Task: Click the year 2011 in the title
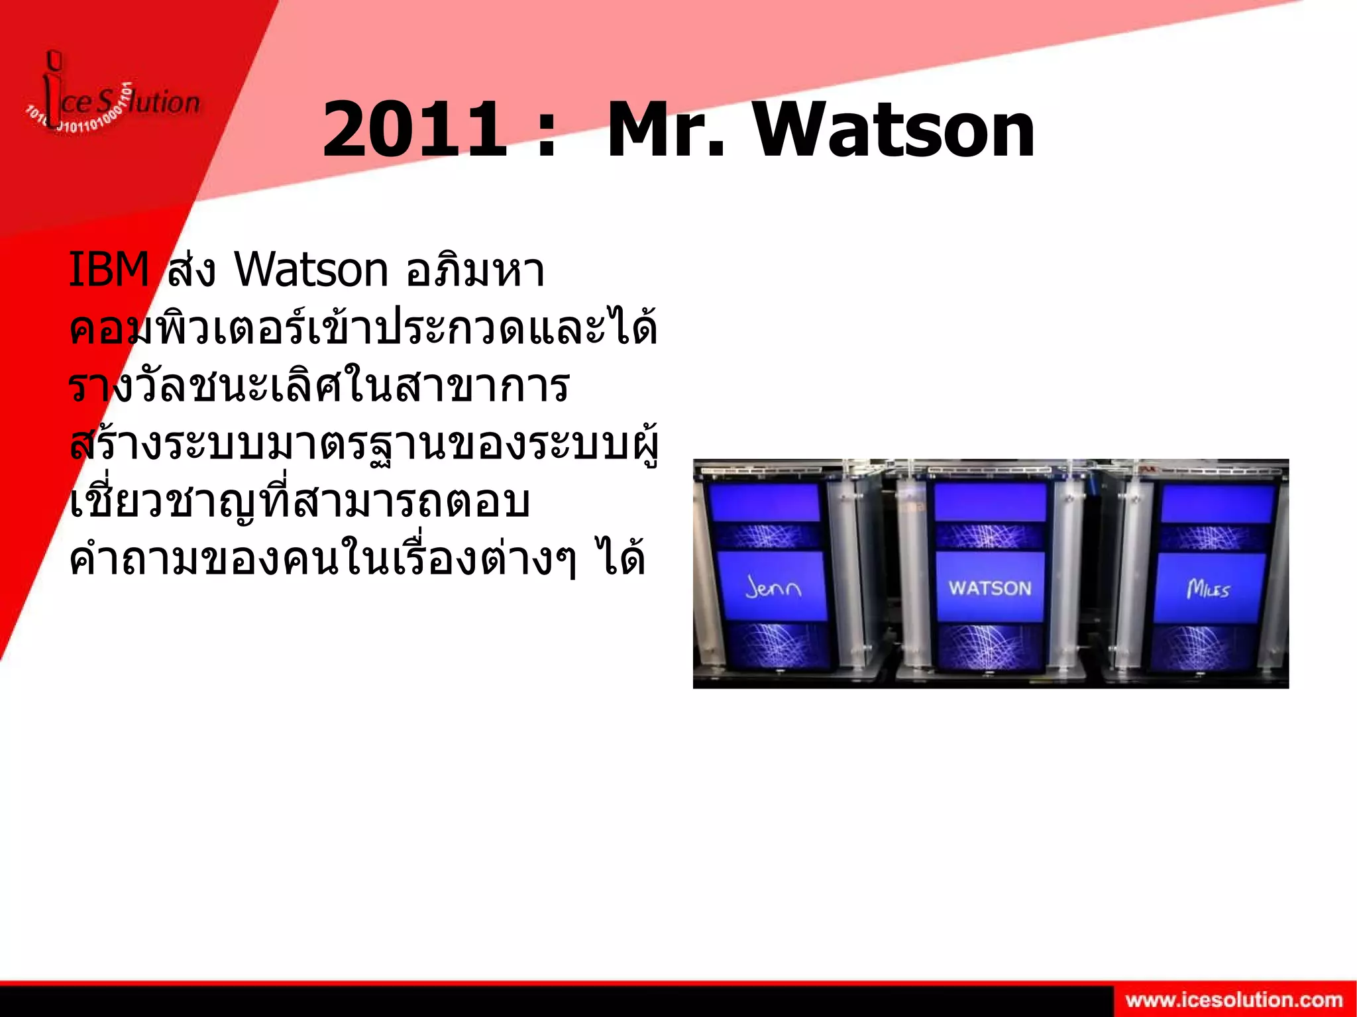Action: tap(414, 130)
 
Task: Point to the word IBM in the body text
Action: tap(109, 270)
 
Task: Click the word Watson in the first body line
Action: tap(311, 270)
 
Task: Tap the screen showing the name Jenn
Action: tap(773, 586)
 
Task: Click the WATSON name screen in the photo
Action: tap(989, 587)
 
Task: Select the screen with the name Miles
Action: tap(1209, 588)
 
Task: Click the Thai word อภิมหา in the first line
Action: tap(475, 270)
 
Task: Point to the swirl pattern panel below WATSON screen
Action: tap(990, 646)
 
